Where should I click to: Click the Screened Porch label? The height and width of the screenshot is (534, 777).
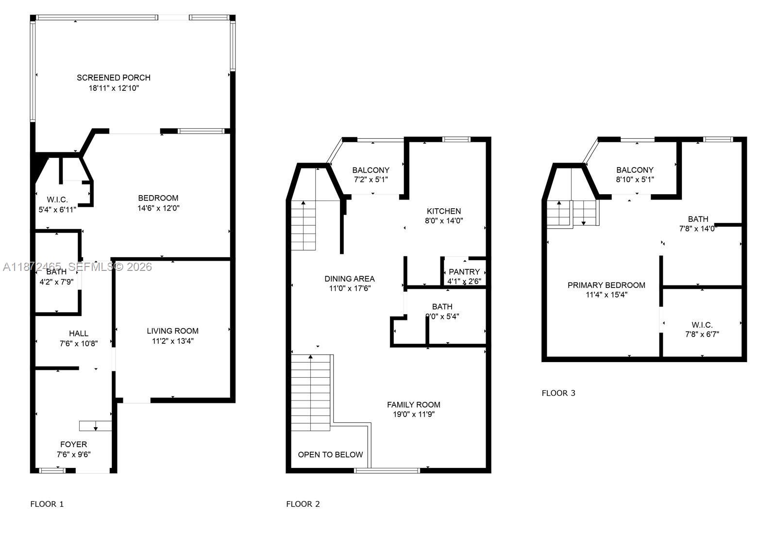pos(114,78)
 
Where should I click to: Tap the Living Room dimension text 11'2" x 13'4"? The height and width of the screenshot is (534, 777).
pos(172,341)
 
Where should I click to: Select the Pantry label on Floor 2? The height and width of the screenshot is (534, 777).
pos(464,272)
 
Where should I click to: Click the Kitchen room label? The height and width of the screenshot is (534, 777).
pos(444,211)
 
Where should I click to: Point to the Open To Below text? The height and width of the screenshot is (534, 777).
pos(330,455)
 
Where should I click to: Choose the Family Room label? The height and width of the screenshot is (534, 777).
pos(414,405)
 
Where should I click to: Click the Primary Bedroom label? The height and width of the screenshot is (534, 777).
pos(607,285)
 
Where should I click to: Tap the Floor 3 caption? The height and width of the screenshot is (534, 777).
pos(558,393)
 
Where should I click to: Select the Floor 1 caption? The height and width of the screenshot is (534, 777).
pos(47,504)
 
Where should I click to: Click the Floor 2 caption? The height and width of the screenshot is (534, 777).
pos(303,504)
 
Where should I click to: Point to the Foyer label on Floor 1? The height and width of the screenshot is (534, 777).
pos(74,445)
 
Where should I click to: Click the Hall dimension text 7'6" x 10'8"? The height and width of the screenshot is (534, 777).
pos(78,344)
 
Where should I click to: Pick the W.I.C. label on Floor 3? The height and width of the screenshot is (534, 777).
pos(702,325)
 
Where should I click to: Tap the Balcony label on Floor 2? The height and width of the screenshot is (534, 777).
pos(371,170)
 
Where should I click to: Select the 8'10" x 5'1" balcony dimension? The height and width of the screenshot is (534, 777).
pos(635,180)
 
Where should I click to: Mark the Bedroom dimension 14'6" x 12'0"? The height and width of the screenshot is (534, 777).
pos(158,208)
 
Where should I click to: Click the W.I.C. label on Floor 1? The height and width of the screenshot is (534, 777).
pos(57,200)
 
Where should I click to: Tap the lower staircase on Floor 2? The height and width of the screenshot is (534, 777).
pos(311,393)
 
